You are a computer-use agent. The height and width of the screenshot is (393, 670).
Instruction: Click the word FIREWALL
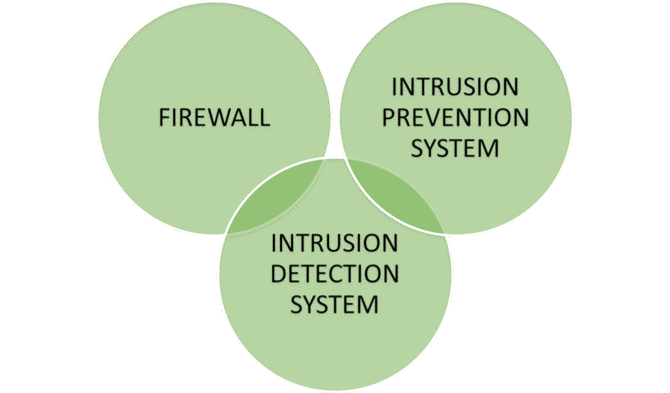[214, 118]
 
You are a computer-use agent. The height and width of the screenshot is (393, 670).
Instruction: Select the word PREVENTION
[455, 118]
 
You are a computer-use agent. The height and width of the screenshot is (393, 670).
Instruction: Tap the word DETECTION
[334, 273]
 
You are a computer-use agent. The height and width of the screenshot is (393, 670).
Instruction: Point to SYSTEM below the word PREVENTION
[455, 148]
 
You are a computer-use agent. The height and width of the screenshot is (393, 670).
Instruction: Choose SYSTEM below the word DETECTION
[334, 304]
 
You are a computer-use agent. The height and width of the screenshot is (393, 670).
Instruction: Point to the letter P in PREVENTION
[389, 118]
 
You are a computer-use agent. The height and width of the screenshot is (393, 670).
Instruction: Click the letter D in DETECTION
[279, 273]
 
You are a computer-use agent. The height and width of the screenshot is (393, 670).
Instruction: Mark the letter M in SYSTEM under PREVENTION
[489, 148]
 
